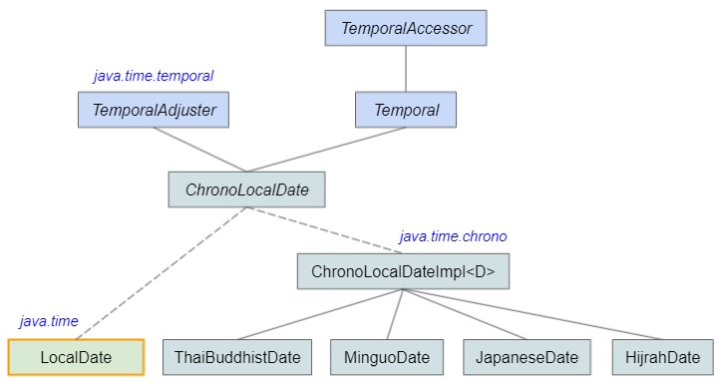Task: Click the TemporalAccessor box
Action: coord(406,28)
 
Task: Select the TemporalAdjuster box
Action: coord(154,110)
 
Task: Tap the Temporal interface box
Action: coord(406,110)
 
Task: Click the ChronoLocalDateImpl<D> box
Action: coord(403,271)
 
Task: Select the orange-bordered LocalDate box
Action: coord(76,356)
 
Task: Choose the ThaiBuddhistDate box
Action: coord(236,356)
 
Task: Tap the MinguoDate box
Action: coord(387,356)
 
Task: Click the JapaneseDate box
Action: coord(527,356)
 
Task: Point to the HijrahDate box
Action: coord(662,356)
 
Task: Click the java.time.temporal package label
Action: coord(154,75)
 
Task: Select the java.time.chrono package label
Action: coord(453,236)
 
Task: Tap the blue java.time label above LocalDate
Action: coord(49,321)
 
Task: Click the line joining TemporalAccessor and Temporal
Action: coord(406,69)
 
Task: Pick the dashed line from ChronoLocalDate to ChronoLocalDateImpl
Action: coord(324,230)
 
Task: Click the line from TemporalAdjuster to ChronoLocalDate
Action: coord(199,150)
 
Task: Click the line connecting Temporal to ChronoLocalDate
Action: coord(327,150)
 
